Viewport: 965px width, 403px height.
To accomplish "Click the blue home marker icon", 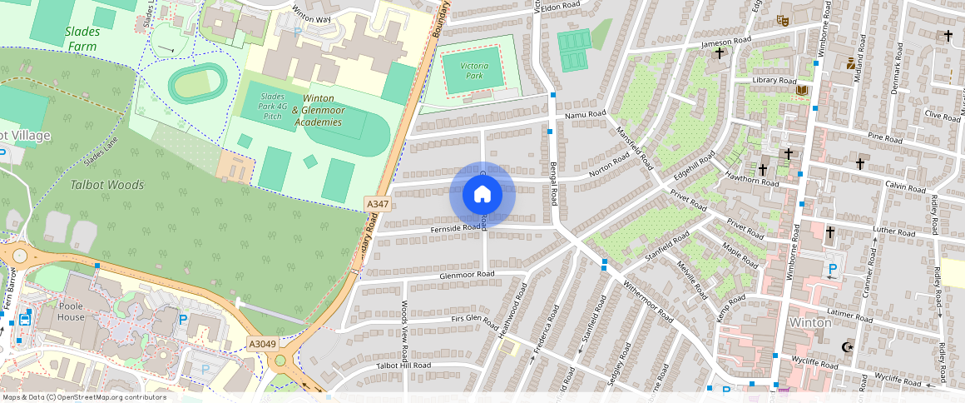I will click(x=482, y=195).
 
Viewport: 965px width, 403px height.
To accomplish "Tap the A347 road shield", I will click(x=377, y=204).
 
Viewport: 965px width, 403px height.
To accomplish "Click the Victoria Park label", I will click(x=473, y=70).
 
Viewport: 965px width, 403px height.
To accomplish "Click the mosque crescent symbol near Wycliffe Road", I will click(x=848, y=347).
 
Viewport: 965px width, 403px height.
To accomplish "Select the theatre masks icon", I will click(x=781, y=19).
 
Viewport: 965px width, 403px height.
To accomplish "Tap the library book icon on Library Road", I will click(x=802, y=90).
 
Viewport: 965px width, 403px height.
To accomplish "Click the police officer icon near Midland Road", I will click(x=850, y=62).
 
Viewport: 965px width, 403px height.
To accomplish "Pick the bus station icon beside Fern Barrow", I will click(x=24, y=318).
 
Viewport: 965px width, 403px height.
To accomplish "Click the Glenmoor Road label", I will click(x=467, y=274).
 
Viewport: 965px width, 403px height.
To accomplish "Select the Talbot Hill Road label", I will click(x=403, y=366).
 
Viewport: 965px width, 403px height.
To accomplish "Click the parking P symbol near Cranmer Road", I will click(x=832, y=270).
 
